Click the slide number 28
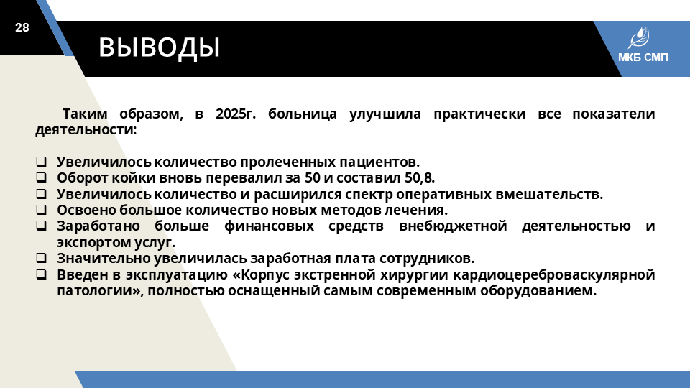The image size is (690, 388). pos(22,28)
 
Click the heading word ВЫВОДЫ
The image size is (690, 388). pos(160,47)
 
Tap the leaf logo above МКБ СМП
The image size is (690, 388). pos(638,38)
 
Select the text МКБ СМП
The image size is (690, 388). pos(643,57)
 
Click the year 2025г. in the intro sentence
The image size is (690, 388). pos(236,114)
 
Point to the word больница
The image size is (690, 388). pos(303,114)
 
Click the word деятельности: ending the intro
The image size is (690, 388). pos(86,130)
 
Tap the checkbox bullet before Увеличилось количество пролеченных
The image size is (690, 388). pos(41,162)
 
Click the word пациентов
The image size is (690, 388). pos(379,162)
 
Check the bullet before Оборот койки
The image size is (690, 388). pos(41,177)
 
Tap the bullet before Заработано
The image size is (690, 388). pos(41,225)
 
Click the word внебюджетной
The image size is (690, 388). pos(453,226)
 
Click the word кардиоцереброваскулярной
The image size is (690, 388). pos(554,275)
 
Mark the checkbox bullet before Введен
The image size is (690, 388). pos(41,274)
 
